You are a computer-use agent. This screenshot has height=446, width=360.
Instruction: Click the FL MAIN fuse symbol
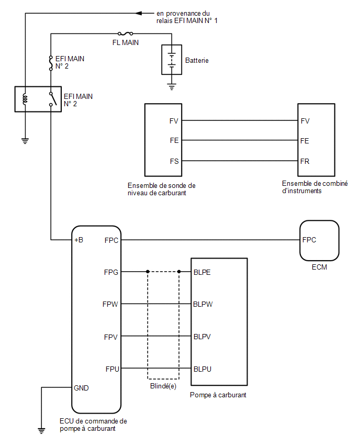pos(126,34)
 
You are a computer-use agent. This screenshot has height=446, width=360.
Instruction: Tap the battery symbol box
pos(172,60)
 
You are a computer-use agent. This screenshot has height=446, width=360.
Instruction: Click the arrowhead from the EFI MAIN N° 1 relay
pos(139,13)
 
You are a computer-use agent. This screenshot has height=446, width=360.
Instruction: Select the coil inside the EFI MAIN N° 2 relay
pos(25,99)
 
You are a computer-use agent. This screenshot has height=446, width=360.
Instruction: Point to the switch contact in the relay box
pos(53,99)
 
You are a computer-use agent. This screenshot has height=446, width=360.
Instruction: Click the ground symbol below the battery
pos(172,87)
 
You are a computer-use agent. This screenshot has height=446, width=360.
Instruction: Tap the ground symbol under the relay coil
pos(25,141)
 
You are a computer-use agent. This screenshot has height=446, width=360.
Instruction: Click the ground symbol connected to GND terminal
pos(41,431)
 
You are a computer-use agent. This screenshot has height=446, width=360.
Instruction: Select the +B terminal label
pos(78,240)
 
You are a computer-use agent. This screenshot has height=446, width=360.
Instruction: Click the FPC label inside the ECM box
pos(309,240)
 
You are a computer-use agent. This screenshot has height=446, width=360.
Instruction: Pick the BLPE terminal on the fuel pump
pos(202,272)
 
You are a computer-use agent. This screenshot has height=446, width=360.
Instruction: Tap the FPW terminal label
pos(110,304)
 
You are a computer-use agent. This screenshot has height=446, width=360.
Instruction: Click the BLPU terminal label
pos(202,369)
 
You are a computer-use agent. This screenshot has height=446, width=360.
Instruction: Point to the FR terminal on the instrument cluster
pos(305,161)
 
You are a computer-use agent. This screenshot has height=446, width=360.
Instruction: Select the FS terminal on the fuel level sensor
pos(174,161)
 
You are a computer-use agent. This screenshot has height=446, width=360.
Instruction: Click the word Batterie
pos(197,60)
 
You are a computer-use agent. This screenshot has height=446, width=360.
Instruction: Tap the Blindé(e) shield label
pos(163,386)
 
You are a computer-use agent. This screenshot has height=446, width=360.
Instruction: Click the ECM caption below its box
pos(319,267)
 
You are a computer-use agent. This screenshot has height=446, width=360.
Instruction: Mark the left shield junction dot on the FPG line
pos(148,272)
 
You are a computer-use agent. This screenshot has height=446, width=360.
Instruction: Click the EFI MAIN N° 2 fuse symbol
pos(51,63)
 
